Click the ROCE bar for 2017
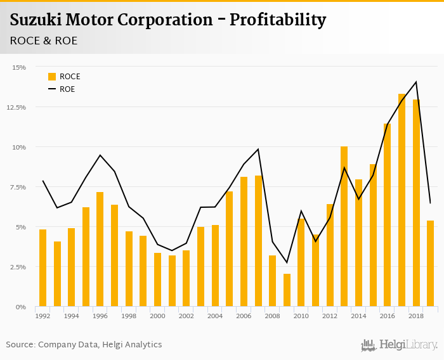402,200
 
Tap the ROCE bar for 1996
100,249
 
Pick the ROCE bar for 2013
344,226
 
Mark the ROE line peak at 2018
416,82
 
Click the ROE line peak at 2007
258,149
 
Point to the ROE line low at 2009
287,262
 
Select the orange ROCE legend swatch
52,77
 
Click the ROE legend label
67,89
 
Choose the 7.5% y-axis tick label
18,187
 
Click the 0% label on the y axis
22,307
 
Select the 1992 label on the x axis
42,316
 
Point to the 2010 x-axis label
301,316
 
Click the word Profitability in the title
278,20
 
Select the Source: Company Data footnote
84,345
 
